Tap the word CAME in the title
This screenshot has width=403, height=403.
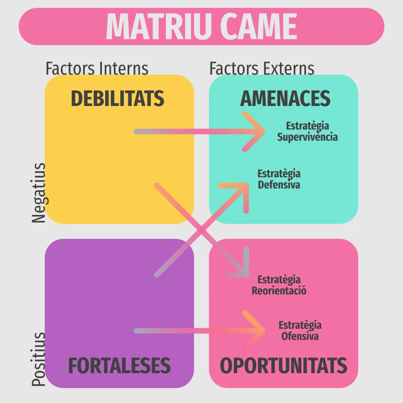[259, 26]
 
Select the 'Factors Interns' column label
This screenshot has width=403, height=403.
[97, 68]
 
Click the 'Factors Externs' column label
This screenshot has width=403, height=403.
[262, 68]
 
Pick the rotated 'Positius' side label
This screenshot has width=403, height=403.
[38, 359]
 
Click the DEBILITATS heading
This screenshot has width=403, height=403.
[118, 99]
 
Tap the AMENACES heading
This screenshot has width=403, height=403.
[285, 99]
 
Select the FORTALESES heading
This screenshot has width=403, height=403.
[119, 365]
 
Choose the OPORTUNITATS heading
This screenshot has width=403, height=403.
[284, 365]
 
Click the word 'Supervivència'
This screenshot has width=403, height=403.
[307, 137]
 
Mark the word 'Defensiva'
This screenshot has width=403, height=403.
[279, 185]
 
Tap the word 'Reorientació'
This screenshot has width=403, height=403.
[279, 291]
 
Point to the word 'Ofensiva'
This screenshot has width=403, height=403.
[300, 336]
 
